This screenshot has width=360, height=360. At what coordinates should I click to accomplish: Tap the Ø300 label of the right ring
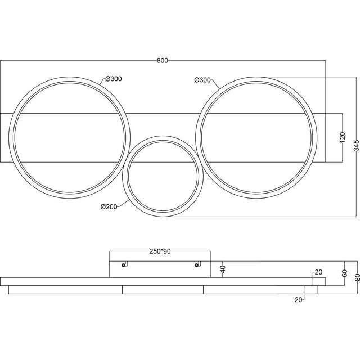202,80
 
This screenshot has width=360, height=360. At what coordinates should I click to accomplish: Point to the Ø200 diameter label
109,206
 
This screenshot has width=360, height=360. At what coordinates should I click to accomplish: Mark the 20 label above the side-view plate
318,272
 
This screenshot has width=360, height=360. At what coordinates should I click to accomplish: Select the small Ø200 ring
161,174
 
